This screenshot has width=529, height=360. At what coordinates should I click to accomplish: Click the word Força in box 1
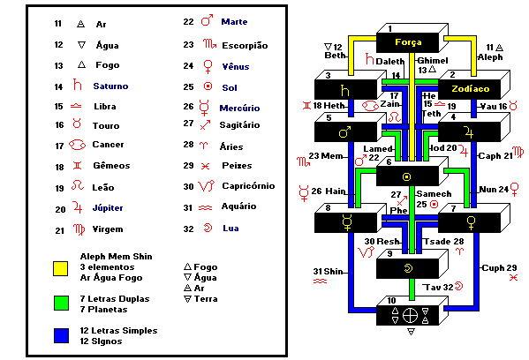click(x=408, y=42)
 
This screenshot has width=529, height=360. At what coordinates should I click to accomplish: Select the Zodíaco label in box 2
click(x=471, y=88)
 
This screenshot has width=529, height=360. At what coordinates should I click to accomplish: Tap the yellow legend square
click(x=61, y=268)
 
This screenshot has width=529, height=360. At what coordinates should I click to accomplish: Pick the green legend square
click(x=61, y=303)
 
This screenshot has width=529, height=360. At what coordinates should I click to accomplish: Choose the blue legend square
click(x=61, y=335)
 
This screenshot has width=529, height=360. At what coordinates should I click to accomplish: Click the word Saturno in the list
click(x=110, y=86)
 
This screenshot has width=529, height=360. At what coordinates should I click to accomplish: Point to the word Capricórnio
click(x=248, y=186)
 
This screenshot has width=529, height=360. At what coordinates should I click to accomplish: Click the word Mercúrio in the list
click(x=239, y=109)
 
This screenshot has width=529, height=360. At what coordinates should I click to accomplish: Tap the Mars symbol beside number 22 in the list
click(x=208, y=20)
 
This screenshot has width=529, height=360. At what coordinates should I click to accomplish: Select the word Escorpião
click(x=245, y=46)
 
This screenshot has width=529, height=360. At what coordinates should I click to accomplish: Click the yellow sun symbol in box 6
click(x=407, y=176)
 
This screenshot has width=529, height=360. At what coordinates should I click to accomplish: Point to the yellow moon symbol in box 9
click(x=409, y=268)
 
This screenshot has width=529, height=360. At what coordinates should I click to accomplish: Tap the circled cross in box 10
click(x=411, y=316)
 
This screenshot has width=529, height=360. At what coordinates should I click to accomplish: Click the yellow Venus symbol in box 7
click(x=471, y=223)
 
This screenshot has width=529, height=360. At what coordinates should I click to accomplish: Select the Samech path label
click(x=434, y=194)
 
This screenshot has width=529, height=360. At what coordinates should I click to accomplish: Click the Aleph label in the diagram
click(x=490, y=57)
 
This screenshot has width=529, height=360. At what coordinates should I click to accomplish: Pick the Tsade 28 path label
click(x=443, y=242)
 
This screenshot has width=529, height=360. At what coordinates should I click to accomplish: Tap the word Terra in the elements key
click(x=206, y=299)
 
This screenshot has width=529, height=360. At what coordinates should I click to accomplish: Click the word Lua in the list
click(x=230, y=229)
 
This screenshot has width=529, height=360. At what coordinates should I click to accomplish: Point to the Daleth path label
click(x=389, y=62)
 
